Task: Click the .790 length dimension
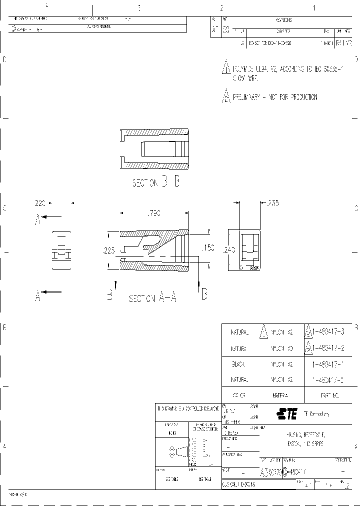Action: click(x=153, y=213)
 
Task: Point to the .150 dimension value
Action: click(x=207, y=248)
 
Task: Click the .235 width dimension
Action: click(x=272, y=203)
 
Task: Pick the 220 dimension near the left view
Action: click(x=40, y=203)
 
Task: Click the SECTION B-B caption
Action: click(x=155, y=182)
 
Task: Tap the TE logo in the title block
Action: click(x=287, y=413)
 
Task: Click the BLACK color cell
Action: click(x=238, y=364)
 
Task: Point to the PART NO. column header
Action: click(x=330, y=395)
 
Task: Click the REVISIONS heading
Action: click(x=283, y=20)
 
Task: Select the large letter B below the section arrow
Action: click(x=203, y=294)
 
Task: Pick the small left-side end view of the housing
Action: click(x=62, y=251)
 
